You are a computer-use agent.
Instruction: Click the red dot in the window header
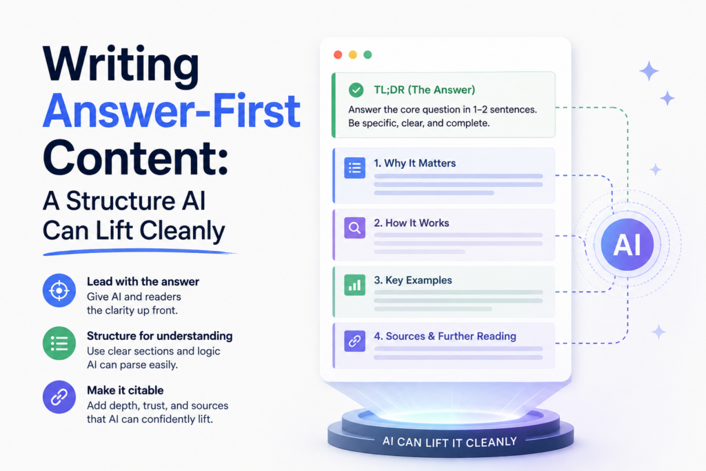tap(338, 54)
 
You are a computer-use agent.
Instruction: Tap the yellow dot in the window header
tap(352, 54)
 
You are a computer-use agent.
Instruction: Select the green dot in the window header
tap(367, 54)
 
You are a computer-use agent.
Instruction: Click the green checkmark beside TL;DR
tap(356, 90)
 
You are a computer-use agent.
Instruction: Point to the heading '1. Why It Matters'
tap(414, 163)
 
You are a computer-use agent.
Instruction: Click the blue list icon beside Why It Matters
tap(355, 168)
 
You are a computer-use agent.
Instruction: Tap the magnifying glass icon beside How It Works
tap(355, 228)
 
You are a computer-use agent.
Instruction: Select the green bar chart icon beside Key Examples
tap(355, 285)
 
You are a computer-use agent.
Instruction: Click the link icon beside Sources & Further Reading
tap(355, 341)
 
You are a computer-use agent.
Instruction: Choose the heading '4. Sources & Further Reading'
tap(445, 336)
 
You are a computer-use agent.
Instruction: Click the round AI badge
tap(627, 245)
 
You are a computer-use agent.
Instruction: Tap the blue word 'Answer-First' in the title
tap(172, 111)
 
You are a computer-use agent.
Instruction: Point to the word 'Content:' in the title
tap(136, 158)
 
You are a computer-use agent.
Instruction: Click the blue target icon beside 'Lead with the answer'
tap(59, 290)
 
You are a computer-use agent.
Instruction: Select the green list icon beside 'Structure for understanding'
tap(59, 343)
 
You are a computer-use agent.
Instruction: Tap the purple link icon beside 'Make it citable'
tap(59, 397)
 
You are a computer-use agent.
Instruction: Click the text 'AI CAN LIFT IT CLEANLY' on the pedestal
tap(450, 442)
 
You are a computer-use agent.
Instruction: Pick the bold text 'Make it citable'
tap(125, 390)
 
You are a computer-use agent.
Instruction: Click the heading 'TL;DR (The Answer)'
tap(424, 90)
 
